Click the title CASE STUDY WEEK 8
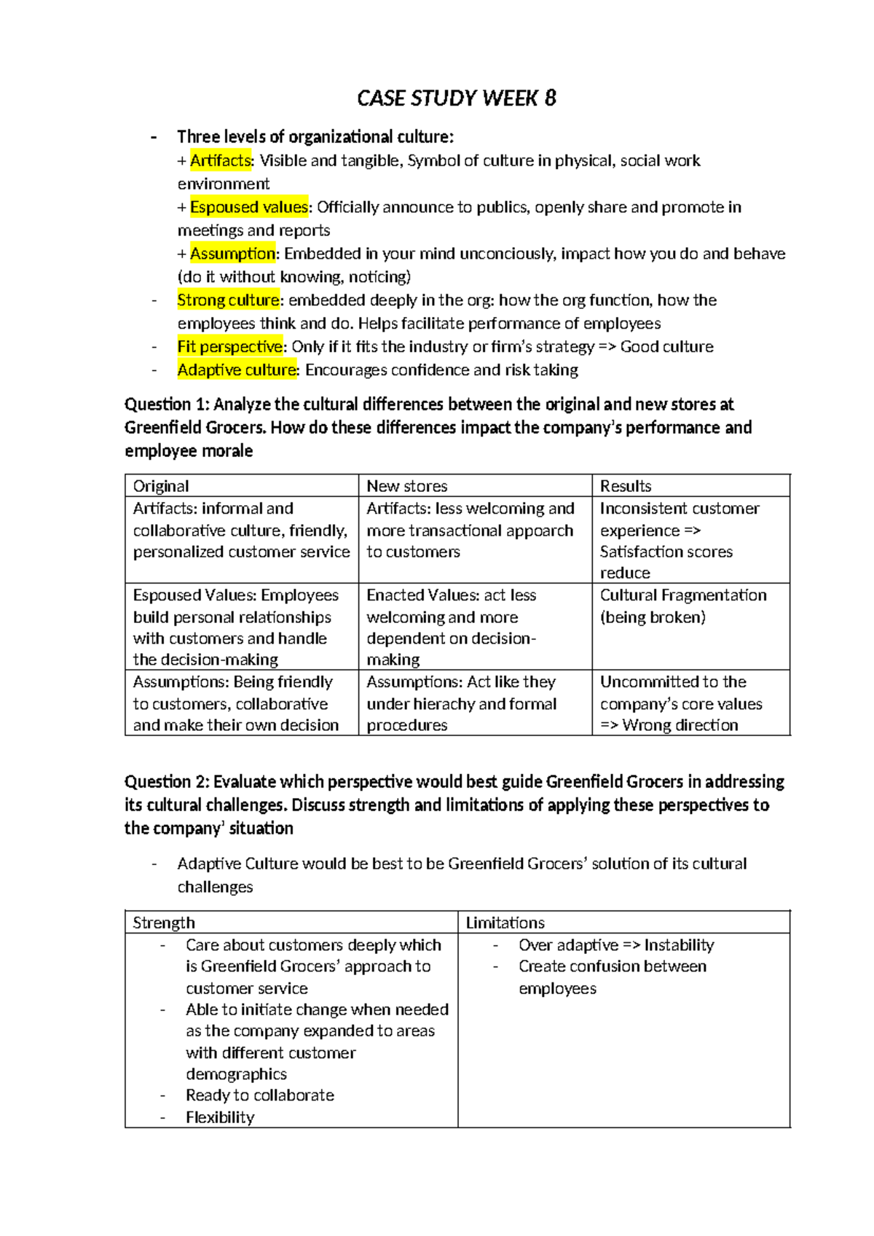coord(456,98)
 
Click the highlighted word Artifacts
coord(220,160)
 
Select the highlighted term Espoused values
coord(248,207)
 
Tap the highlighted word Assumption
coord(232,254)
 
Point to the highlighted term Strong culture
coord(228,300)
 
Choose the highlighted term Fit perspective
coord(229,347)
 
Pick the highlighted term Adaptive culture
coord(237,370)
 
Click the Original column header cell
coord(161,486)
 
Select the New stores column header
coord(406,486)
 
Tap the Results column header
coord(625,486)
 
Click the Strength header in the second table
coord(164,923)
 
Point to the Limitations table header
coord(505,923)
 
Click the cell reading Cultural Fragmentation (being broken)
coord(682,606)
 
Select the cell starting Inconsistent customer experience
coord(679,540)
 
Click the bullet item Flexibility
coord(220,1117)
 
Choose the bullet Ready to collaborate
coord(260,1095)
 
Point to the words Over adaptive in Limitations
coord(568,945)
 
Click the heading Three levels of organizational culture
coord(315,137)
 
